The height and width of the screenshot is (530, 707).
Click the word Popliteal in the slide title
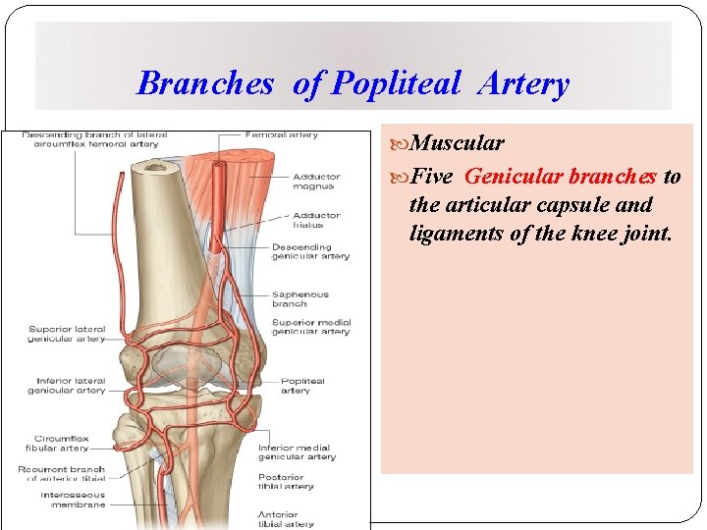click(x=396, y=84)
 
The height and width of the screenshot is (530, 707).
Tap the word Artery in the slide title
click(x=523, y=84)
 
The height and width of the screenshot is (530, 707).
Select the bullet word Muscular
click(x=457, y=143)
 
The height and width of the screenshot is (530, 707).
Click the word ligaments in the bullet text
click(x=454, y=234)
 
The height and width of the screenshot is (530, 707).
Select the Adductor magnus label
click(x=315, y=182)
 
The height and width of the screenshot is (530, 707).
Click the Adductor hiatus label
click(x=316, y=220)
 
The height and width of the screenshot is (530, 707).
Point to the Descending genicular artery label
click(x=310, y=251)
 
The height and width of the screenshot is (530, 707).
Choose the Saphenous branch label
click(x=300, y=298)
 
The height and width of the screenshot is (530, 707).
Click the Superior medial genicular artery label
click(x=310, y=327)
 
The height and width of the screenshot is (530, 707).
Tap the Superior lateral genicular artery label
click(x=66, y=334)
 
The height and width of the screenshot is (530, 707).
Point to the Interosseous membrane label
click(x=73, y=501)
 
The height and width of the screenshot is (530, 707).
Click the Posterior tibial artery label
click(x=286, y=481)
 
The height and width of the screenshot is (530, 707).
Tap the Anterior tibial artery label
click(x=286, y=519)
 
